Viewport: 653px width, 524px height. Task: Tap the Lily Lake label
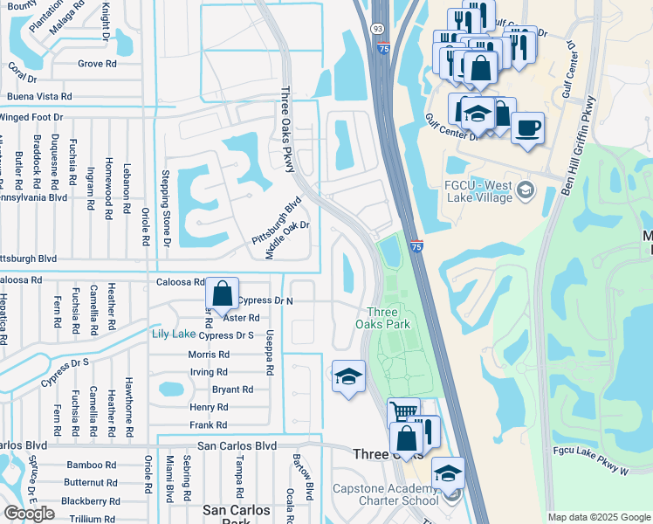coord(173,334)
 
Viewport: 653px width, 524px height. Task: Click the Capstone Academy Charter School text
coord(385,494)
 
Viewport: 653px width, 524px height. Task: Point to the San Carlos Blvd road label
coord(237,445)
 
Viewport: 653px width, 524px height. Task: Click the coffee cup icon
coord(527,128)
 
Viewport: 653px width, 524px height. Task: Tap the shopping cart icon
coord(403,411)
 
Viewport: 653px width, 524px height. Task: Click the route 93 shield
coord(377,29)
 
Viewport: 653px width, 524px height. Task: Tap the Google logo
coord(30,513)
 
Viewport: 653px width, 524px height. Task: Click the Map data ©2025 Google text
coord(599,517)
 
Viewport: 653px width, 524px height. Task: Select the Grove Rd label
coord(97,64)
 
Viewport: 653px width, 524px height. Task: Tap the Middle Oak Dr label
coord(288,240)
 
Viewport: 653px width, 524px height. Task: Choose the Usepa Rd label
coord(271,355)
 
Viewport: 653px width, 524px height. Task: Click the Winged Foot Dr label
coord(32,117)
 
